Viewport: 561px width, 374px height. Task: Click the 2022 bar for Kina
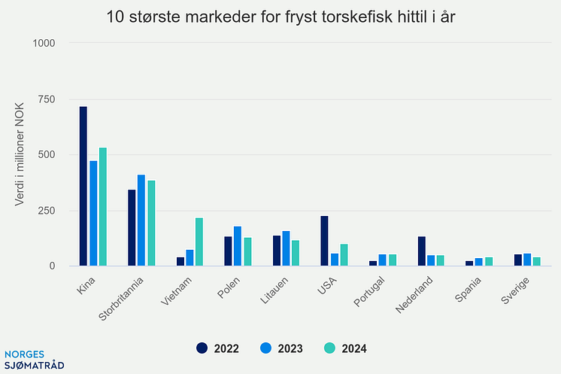click(83, 186)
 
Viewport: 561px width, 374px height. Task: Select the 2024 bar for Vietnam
click(199, 242)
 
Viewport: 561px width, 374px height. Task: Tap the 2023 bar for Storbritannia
click(141, 220)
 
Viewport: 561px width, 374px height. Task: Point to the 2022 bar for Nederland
click(421, 251)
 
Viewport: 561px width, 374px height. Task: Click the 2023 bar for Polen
click(238, 245)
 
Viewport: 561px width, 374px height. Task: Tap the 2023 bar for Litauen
click(286, 248)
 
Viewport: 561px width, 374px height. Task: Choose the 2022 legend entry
click(218, 348)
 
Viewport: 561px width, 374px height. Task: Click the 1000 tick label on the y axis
click(44, 44)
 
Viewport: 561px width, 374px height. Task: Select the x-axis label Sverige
click(515, 289)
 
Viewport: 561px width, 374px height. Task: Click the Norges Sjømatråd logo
click(34, 359)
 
